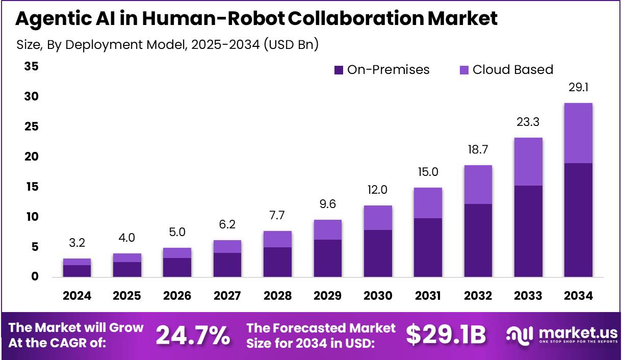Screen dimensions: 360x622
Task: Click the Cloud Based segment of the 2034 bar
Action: (x=578, y=133)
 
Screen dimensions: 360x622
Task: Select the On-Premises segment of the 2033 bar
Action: (x=528, y=231)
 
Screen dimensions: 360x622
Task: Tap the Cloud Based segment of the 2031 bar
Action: (x=428, y=203)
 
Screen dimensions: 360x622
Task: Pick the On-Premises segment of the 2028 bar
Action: (x=277, y=262)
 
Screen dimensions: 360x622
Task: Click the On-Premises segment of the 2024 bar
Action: (x=77, y=271)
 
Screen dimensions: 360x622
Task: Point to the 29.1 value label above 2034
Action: (x=578, y=88)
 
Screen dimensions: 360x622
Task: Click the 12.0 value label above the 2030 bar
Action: (x=377, y=190)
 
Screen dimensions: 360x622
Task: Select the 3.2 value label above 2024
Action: (x=77, y=243)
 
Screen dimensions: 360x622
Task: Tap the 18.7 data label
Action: (x=478, y=150)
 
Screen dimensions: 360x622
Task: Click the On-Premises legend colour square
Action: (x=339, y=70)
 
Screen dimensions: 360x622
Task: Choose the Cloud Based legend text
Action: (x=512, y=70)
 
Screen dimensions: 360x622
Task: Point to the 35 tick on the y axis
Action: (x=31, y=66)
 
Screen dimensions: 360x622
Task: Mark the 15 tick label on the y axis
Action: (x=31, y=187)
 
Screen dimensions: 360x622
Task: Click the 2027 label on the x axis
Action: (x=227, y=296)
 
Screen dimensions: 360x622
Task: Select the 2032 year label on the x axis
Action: (x=478, y=296)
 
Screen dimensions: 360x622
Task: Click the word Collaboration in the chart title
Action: (x=355, y=19)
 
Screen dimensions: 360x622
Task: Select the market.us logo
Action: (x=561, y=335)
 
